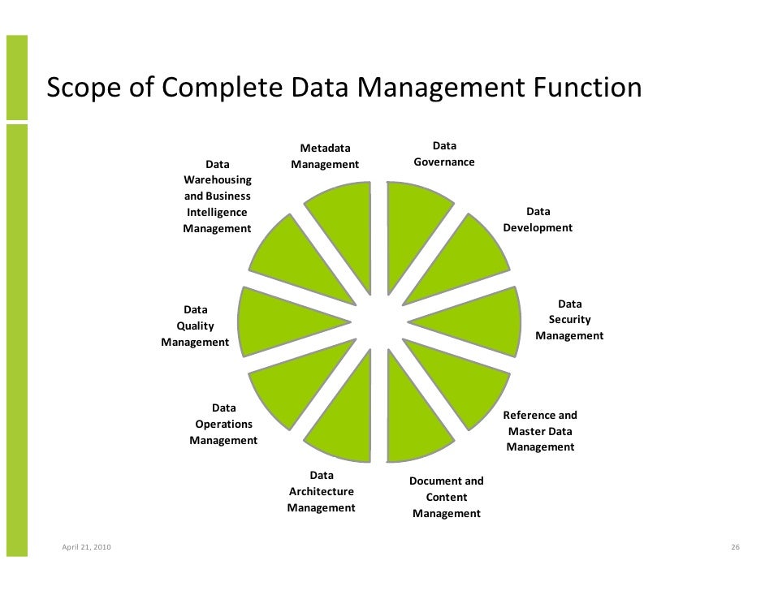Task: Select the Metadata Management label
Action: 325,157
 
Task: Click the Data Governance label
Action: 444,154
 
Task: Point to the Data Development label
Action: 538,220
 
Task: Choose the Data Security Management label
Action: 569,320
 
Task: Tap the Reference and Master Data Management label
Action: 540,431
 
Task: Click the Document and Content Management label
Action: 446,497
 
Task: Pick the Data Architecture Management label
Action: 321,491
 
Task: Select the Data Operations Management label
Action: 223,424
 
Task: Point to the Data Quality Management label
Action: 195,326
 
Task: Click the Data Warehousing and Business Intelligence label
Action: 217,196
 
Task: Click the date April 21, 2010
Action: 87,549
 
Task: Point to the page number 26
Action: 735,549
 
